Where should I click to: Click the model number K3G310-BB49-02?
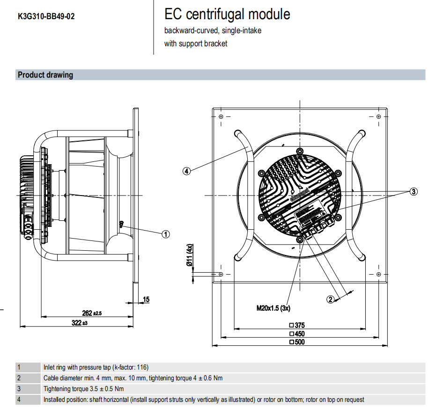tap(46, 16)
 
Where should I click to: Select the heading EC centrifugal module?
tap(227, 15)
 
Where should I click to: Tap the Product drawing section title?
tap(45, 75)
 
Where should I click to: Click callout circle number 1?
tap(166, 234)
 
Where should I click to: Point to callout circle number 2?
tap(330, 299)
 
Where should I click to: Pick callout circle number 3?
tap(413, 191)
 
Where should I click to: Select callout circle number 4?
tap(186, 171)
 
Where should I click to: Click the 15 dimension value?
tap(146, 299)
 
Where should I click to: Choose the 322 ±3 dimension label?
tap(79, 323)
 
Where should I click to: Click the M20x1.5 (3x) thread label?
tap(273, 308)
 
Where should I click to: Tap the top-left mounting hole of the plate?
tap(221, 116)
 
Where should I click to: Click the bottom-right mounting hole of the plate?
tap(378, 274)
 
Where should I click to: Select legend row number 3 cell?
tap(19, 389)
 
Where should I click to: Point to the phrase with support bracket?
tap(196, 44)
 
